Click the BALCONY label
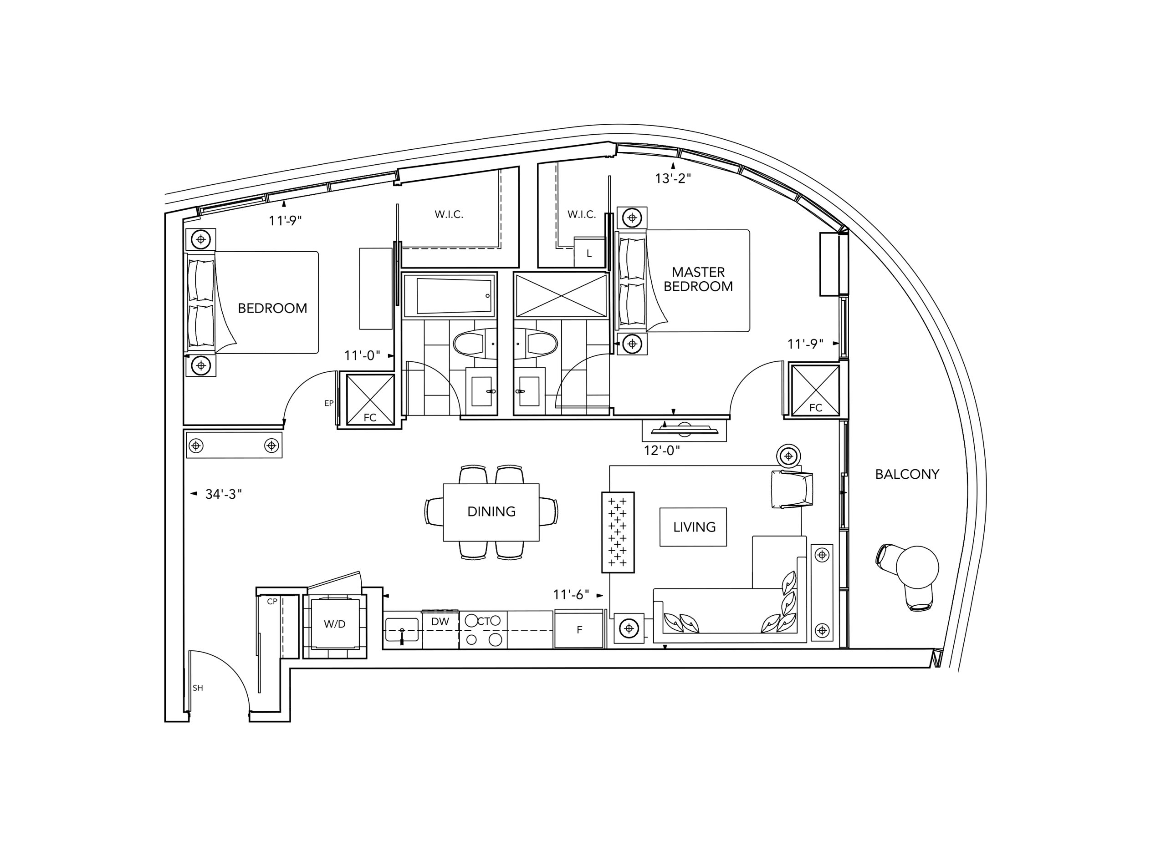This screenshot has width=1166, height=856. click(x=907, y=474)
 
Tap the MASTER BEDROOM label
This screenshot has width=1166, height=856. click(x=698, y=279)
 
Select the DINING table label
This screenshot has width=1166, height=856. click(x=491, y=512)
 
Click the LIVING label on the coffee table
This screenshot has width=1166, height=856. click(x=694, y=527)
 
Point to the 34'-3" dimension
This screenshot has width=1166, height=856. click(x=224, y=494)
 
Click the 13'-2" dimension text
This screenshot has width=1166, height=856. click(x=673, y=178)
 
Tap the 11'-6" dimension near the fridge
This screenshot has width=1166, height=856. click(x=571, y=594)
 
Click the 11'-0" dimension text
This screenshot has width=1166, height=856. click(x=362, y=355)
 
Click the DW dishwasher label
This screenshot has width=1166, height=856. click(x=440, y=621)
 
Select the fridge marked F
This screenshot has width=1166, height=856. click(x=579, y=628)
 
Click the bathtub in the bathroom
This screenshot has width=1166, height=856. click(x=449, y=295)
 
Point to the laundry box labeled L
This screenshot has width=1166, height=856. click(x=589, y=253)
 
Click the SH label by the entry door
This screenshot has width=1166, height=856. click(x=198, y=688)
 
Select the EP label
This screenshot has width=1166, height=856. click(x=329, y=403)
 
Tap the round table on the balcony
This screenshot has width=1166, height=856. click(x=918, y=567)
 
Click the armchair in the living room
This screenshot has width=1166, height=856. click(x=792, y=489)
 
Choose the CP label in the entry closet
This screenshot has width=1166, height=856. click(x=272, y=602)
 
